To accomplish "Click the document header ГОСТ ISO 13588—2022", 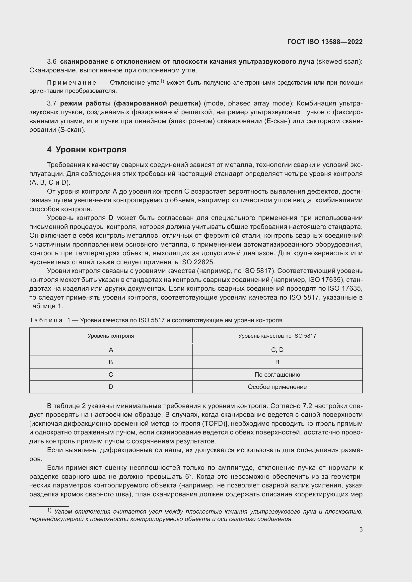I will click(325, 42).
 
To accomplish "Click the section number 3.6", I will click(52, 62).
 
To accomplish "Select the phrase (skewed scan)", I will click(339, 62).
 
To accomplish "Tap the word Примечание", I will click(71, 83).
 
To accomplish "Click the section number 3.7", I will click(52, 104).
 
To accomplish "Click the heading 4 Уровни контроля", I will click(86, 150).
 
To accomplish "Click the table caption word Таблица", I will click(46, 320).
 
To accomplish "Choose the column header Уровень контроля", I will click(111, 336).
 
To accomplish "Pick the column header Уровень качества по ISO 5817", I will click(277, 336).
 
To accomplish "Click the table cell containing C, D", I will click(277, 350).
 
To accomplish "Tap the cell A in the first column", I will click(111, 350).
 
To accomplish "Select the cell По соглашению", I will click(277, 375).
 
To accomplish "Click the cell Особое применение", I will click(277, 387).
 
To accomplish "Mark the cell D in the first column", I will click(111, 387).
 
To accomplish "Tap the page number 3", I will click(361, 529).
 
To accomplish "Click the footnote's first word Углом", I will click(64, 512).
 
